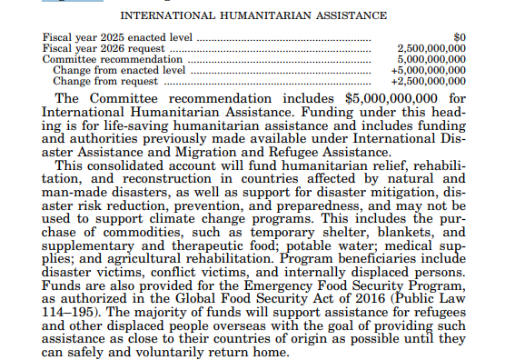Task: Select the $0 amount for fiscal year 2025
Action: point(459,37)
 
